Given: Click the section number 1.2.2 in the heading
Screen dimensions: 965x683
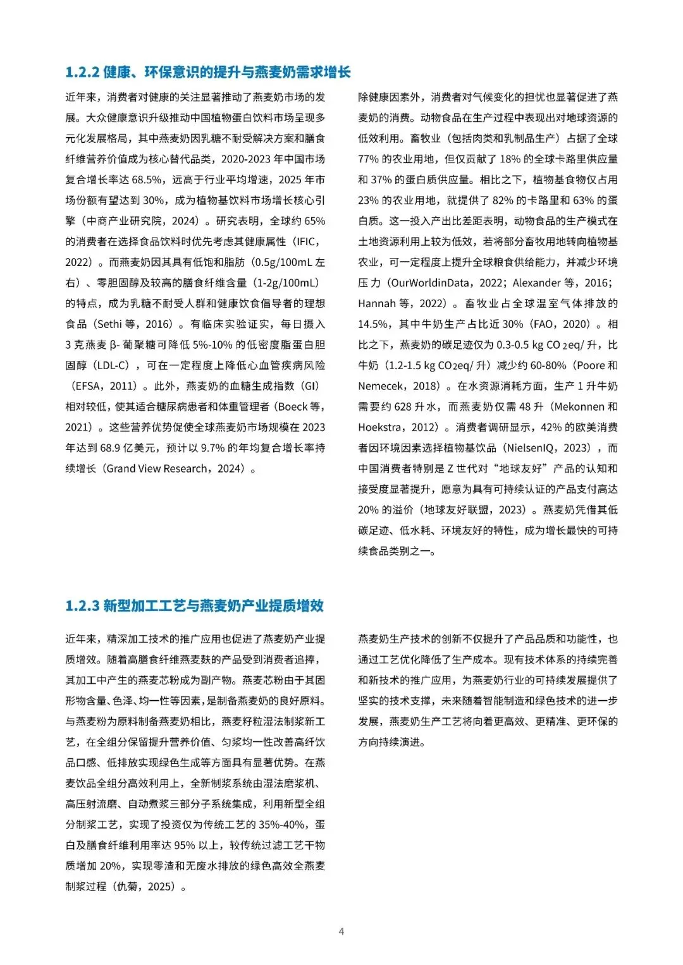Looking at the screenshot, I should tap(82, 72).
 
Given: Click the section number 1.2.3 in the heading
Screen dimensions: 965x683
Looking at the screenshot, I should tap(82, 606).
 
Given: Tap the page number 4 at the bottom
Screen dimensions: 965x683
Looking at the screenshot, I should tap(341, 931).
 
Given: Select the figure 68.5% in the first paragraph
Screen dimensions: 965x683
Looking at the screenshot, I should tap(147, 179).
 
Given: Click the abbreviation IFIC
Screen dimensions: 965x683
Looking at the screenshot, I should tap(308, 241).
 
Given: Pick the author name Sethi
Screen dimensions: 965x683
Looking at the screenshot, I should tap(109, 324).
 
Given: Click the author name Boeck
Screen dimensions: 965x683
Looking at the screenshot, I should tap(292, 406).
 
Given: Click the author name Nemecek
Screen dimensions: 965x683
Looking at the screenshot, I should tap(381, 386).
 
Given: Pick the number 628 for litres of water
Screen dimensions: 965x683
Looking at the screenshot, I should tap(403, 406).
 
